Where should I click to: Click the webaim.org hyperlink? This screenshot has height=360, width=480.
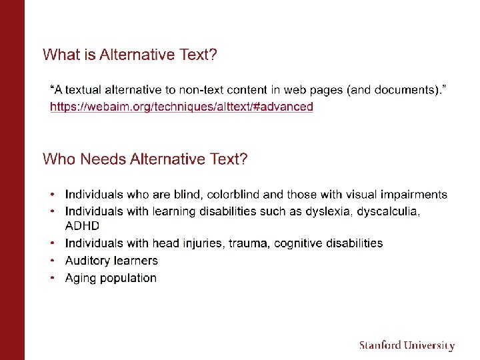[181, 107]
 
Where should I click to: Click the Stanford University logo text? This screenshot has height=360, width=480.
[407, 345]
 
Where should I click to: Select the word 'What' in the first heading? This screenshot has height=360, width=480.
[59, 55]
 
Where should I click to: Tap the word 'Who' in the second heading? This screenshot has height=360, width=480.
[59, 159]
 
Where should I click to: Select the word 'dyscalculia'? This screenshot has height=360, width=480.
[389, 211]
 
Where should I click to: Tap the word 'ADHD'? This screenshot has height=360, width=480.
[82, 226]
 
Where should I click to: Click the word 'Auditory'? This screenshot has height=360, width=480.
[87, 261]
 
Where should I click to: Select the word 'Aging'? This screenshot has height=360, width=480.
[80, 279]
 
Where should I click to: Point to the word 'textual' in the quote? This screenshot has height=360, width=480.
[88, 89]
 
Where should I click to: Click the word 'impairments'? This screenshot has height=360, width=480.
[413, 195]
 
